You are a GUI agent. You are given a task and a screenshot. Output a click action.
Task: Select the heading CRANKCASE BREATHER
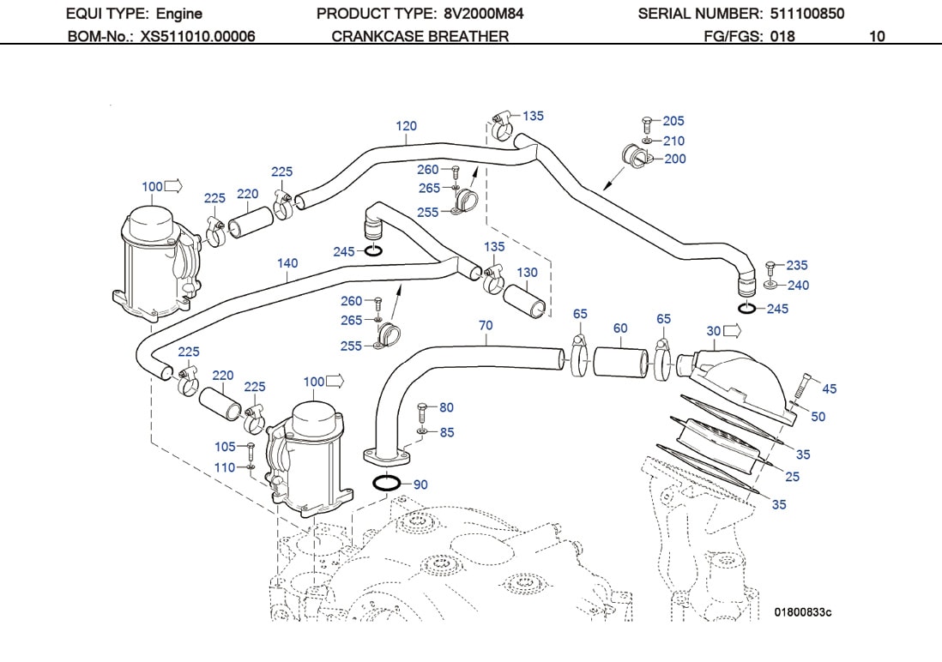pos(420,36)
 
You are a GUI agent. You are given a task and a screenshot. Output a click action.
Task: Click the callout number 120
pos(406,126)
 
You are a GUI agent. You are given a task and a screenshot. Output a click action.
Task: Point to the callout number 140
pos(287,263)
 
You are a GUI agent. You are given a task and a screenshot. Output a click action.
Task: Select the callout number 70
pos(486,326)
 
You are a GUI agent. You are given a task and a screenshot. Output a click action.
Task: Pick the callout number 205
pos(673,121)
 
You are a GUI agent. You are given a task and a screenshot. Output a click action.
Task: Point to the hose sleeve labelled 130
pos(525,299)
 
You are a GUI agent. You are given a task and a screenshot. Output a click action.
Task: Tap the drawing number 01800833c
pos(803,611)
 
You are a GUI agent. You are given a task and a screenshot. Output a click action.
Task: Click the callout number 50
pos(818,416)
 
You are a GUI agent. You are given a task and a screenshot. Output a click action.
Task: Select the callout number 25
pos(792,476)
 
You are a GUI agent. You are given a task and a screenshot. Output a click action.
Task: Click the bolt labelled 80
pos(420,408)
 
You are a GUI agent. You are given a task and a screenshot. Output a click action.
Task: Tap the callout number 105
pos(225,447)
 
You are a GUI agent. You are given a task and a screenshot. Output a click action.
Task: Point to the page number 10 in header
pos(877,36)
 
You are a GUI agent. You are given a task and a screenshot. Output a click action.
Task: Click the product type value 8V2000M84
pos(484,14)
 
